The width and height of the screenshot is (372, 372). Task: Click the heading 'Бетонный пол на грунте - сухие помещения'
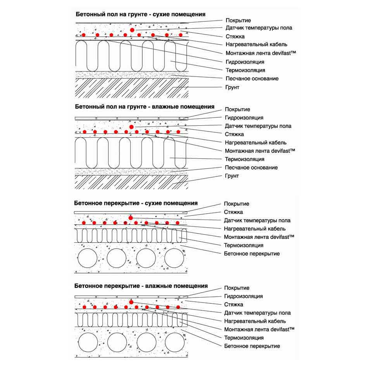pos(140,14)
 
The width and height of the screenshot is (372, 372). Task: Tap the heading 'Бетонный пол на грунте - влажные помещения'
pos(145,107)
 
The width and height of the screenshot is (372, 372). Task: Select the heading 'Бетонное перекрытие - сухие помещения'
pos(136,203)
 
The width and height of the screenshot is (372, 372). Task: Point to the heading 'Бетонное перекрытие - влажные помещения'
pos(141,286)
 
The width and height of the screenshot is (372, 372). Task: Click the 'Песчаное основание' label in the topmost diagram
pos(252,78)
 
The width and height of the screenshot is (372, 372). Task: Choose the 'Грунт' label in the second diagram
pos(232,176)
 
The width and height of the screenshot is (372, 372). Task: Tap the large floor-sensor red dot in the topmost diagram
pos(132,30)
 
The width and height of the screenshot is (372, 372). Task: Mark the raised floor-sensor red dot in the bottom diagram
pos(131,302)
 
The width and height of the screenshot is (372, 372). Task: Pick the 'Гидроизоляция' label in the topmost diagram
pos(245,62)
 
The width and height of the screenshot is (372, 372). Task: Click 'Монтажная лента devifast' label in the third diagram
pos(259,237)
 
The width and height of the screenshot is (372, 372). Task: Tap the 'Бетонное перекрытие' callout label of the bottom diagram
pos(252,346)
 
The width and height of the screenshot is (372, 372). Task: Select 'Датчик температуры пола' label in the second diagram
pos(258,126)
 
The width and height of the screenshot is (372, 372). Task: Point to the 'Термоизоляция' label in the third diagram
pos(244,245)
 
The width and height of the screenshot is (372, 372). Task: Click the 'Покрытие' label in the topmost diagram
pos(238,21)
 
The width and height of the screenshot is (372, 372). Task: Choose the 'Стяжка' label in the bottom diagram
pos(234,305)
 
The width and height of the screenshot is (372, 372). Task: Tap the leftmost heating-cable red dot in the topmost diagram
pos(83,35)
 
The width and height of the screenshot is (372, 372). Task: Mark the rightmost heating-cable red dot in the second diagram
pos(178,131)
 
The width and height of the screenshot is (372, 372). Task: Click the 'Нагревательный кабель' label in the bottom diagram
pos(255,321)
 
